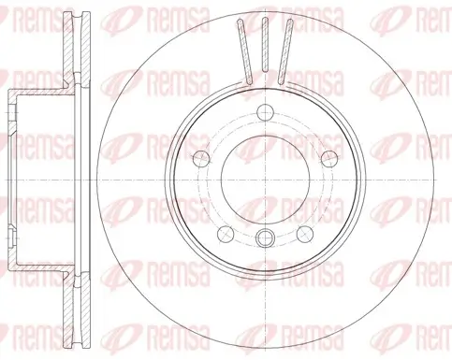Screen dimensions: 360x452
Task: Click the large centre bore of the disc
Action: click(x=267, y=179)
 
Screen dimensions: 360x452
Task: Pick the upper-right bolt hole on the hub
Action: click(x=330, y=156)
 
